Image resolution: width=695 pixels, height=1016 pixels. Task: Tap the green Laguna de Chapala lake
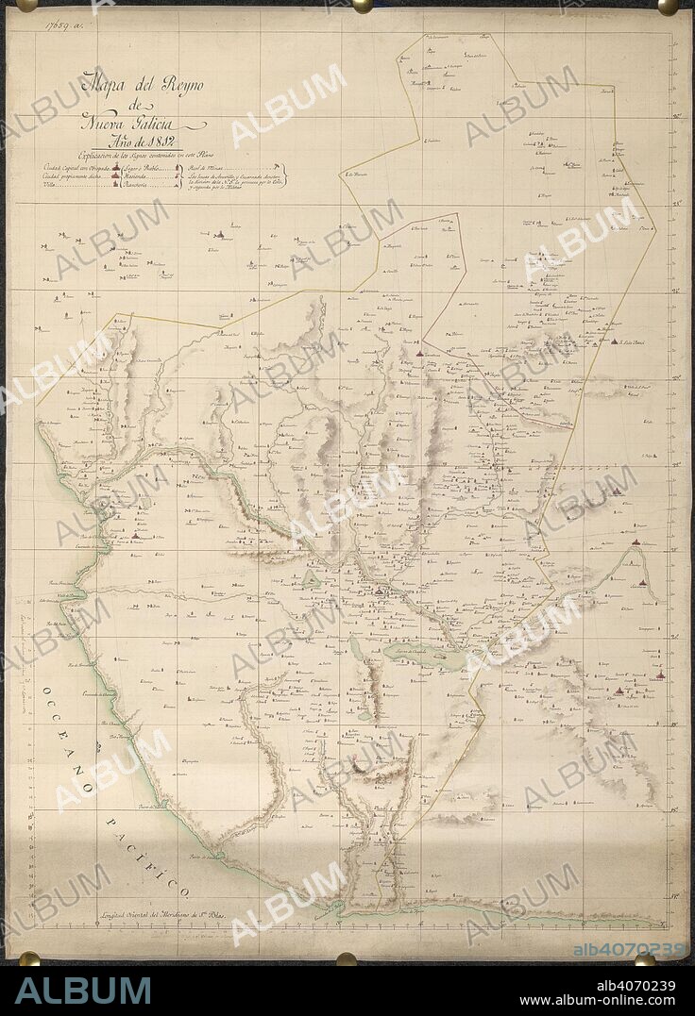pos(425,655)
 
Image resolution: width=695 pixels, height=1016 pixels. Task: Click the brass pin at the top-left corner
pos(26,5)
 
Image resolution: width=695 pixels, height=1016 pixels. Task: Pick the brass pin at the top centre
pos(360,5)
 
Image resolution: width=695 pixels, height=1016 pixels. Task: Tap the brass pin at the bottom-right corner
pos(646,958)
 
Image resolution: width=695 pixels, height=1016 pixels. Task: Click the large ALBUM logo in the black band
pos(83,991)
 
